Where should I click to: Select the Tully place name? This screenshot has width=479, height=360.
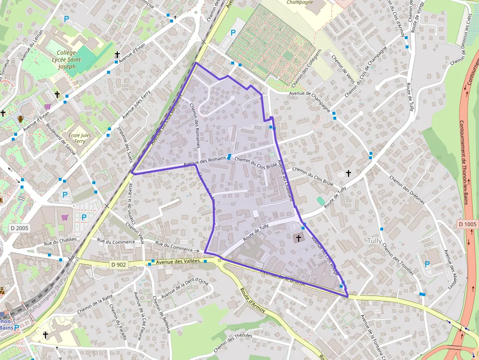[375, 240]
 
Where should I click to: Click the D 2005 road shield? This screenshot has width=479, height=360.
[20, 228]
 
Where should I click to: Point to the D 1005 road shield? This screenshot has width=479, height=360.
[467, 224]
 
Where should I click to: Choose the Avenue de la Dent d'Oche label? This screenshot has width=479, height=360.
[185, 289]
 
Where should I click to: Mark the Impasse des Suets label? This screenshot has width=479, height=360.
[126, 145]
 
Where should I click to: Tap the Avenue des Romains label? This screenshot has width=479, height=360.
[205, 161]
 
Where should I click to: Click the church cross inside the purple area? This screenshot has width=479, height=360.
[299, 238]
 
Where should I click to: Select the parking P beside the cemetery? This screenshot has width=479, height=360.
[233, 33]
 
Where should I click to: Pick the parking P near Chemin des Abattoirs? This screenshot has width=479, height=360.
[427, 264]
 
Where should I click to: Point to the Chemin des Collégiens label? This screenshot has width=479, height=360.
[306, 66]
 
